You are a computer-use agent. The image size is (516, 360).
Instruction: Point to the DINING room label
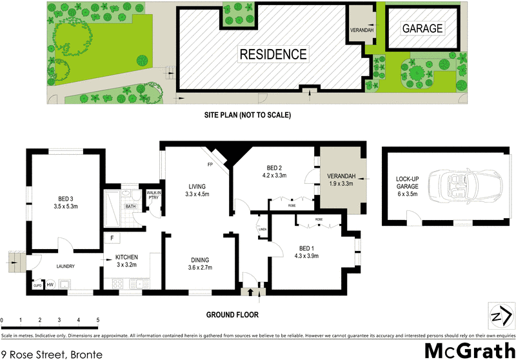click(x=199, y=263)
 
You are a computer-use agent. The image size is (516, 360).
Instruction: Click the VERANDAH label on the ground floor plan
click(x=341, y=181)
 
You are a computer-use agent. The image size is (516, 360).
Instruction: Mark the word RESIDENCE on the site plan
click(x=273, y=54)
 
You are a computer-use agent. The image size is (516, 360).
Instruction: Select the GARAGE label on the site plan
click(x=422, y=28)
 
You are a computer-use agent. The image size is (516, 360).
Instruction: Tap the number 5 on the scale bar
click(x=97, y=320)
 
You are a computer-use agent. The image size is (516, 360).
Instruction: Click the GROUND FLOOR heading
click(x=232, y=315)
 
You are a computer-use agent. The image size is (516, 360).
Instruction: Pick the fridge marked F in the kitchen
click(x=112, y=238)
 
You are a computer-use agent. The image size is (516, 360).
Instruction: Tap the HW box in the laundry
click(x=50, y=285)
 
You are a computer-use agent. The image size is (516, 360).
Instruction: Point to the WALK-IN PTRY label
click(x=154, y=195)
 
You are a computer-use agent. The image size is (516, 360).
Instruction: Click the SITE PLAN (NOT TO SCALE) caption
click(x=248, y=115)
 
